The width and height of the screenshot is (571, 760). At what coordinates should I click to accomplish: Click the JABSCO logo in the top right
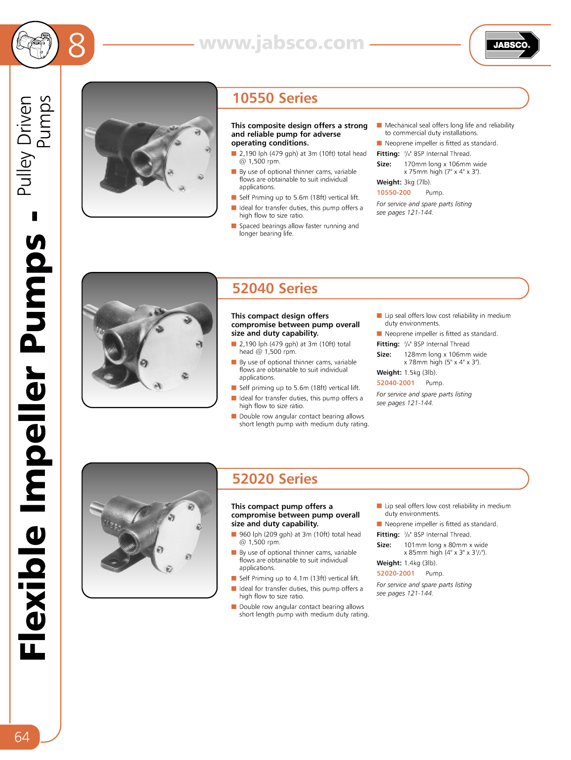coord(512,45)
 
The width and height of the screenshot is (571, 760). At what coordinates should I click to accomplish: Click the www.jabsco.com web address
coord(282,43)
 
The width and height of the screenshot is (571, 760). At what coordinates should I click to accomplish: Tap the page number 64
coord(22,737)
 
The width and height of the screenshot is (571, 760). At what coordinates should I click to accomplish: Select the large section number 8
coord(76,45)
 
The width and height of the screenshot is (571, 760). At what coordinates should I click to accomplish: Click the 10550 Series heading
coord(275,98)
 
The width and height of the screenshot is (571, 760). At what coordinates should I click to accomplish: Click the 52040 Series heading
coord(275,289)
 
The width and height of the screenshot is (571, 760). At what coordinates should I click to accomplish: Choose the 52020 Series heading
coord(275,479)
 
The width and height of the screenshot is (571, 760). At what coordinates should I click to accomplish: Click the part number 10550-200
coord(393,193)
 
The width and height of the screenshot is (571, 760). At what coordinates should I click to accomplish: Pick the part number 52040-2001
coord(395,383)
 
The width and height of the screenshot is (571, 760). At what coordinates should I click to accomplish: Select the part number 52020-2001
coord(395,573)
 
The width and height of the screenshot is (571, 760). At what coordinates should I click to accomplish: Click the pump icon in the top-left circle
coord(35,45)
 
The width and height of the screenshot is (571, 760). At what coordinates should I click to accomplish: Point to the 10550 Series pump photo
coord(150,150)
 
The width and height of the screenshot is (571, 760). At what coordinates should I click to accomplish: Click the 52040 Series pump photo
coord(150,340)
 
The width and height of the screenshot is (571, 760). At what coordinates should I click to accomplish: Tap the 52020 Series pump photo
coord(150,531)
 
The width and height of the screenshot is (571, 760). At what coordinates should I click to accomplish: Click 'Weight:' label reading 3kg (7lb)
coord(389,183)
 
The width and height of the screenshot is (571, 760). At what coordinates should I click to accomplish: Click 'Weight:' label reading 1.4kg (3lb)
coord(389,563)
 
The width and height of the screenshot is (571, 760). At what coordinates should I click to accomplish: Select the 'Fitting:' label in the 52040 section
coord(388,344)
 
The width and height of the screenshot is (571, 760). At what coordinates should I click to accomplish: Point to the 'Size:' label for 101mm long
coord(384,545)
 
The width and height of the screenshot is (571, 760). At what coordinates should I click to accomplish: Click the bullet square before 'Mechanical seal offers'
coord(380,126)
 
